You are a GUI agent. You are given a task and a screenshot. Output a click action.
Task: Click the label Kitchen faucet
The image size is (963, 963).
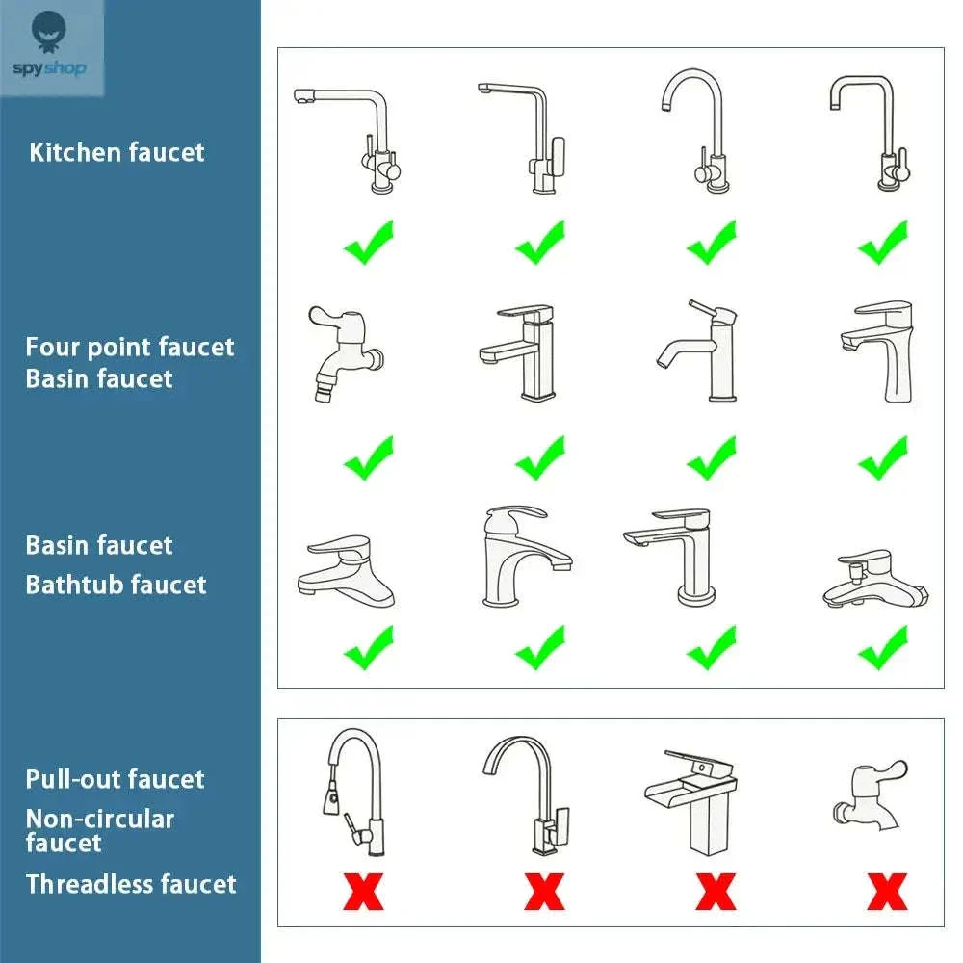(117, 152)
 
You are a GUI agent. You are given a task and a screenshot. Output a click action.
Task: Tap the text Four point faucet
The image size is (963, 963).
(130, 348)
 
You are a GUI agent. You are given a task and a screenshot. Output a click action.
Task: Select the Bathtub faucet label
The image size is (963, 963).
(117, 585)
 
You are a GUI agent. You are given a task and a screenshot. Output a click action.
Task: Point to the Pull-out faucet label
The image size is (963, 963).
(115, 779)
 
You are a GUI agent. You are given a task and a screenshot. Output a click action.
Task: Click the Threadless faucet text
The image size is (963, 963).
(131, 884)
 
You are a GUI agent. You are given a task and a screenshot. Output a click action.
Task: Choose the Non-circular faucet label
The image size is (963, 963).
(100, 830)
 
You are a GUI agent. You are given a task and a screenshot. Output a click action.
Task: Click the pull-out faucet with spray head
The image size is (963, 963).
(354, 793)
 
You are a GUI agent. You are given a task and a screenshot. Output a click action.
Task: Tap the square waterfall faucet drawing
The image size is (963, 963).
(690, 802)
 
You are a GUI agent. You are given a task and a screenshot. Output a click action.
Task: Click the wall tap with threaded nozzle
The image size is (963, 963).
(345, 353)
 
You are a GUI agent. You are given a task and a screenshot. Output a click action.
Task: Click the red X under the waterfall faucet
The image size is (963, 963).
(716, 892)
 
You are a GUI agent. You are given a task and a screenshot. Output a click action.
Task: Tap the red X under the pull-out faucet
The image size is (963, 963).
(364, 892)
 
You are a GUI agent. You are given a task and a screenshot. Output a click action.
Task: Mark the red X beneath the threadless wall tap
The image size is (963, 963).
(888, 892)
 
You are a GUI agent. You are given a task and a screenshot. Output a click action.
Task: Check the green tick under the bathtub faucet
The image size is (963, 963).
(883, 648)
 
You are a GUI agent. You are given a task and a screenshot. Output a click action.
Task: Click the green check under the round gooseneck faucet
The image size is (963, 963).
(712, 243)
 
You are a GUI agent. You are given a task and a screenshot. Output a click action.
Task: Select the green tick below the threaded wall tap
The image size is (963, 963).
(369, 458)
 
